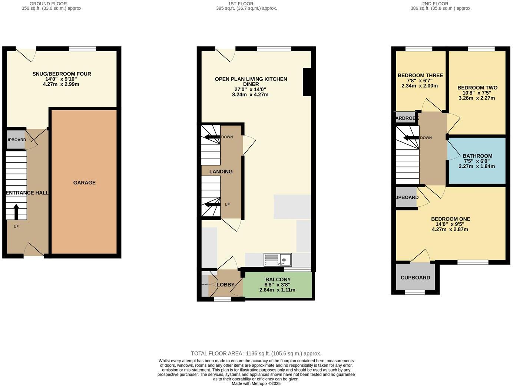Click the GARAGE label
point(84,183)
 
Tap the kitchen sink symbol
point(278,259)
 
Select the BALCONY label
point(278,279)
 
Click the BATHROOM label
point(477,156)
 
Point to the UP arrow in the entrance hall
point(16,212)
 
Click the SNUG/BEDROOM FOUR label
point(62,74)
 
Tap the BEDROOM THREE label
point(420,75)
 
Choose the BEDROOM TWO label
point(477,88)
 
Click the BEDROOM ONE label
point(450,219)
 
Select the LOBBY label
point(225,285)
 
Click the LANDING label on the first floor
point(221,171)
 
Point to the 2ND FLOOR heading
point(435,4)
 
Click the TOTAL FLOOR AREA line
point(256,353)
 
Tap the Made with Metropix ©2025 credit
point(256,383)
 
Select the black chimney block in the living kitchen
point(307,82)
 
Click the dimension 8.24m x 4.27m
point(250,95)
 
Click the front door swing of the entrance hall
point(33,249)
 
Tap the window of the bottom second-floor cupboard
point(415,292)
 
